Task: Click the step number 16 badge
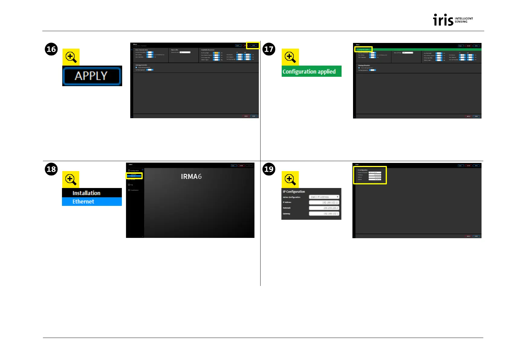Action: click(x=51, y=49)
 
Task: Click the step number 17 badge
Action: click(x=269, y=49)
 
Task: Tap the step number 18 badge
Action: click(x=51, y=169)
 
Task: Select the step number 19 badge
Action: click(x=269, y=169)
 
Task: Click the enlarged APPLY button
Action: click(x=92, y=76)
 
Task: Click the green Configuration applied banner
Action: click(x=311, y=72)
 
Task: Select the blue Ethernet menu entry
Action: click(x=92, y=202)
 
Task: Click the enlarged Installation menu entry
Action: click(x=92, y=193)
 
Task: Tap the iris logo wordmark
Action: click(x=443, y=20)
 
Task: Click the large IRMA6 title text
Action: click(x=191, y=177)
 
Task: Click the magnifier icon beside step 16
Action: click(x=71, y=57)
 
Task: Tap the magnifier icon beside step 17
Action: click(x=290, y=57)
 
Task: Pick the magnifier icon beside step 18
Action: click(x=71, y=179)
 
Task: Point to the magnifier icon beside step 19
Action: click(x=290, y=179)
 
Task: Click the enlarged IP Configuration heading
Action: click(x=294, y=192)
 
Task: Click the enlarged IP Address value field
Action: click(x=324, y=203)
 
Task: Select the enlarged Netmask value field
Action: click(x=324, y=208)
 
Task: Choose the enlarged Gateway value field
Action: click(x=324, y=214)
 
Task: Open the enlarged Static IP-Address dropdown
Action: click(x=324, y=197)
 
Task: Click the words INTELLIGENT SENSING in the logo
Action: click(x=464, y=20)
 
